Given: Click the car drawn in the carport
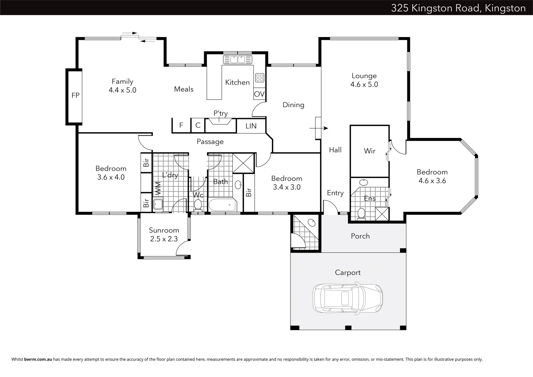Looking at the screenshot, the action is [348, 298].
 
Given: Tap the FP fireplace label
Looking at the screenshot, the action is [75, 95].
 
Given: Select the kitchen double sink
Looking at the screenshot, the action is [237, 59].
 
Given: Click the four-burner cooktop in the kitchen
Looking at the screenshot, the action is [260, 78].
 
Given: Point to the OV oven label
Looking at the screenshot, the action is [259, 94].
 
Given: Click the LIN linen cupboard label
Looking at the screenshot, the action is [251, 126].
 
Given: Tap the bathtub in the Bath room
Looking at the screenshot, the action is [223, 205].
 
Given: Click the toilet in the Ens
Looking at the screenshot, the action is [361, 214].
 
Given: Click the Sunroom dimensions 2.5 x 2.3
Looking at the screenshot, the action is [164, 239].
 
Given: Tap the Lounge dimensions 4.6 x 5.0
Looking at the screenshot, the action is [364, 84].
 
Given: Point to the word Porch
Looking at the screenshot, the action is [360, 236].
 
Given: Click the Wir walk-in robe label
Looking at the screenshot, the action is [370, 151].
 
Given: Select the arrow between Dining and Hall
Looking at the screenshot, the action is [319, 128].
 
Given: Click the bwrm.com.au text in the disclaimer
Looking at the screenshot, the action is [38, 360].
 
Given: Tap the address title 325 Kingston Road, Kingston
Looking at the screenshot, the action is [458, 8].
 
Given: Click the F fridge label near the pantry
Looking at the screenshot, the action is [181, 125].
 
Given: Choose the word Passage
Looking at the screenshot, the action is [210, 142].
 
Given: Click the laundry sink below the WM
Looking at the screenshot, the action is [158, 204].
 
